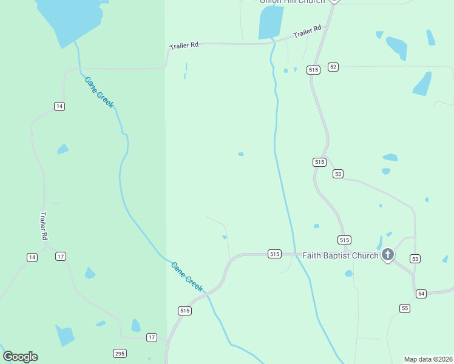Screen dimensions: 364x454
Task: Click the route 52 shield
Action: [x=333, y=67]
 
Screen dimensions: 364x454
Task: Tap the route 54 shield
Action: [x=421, y=294]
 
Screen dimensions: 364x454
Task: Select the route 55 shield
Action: [x=405, y=308]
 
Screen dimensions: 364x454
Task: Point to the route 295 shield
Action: [x=120, y=353]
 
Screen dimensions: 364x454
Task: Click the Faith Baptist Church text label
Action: [x=340, y=255]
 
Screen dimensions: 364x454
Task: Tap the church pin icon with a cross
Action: [x=387, y=254]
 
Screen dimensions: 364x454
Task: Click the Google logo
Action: [x=20, y=357]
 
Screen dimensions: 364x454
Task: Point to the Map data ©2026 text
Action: [x=429, y=359]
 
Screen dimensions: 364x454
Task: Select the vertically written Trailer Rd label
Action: [x=44, y=226]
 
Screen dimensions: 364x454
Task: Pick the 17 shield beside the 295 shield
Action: [x=152, y=337]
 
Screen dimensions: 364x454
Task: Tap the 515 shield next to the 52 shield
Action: [x=313, y=70]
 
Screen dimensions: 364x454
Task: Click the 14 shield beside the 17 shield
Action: [x=32, y=257]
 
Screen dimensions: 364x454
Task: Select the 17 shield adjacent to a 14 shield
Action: [x=61, y=257]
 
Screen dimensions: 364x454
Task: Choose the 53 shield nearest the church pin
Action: [x=415, y=259]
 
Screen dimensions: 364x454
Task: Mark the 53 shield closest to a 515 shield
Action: [x=338, y=174]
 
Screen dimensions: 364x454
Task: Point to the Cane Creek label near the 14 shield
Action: [x=99, y=92]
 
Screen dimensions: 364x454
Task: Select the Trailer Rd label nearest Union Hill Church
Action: [x=307, y=32]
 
